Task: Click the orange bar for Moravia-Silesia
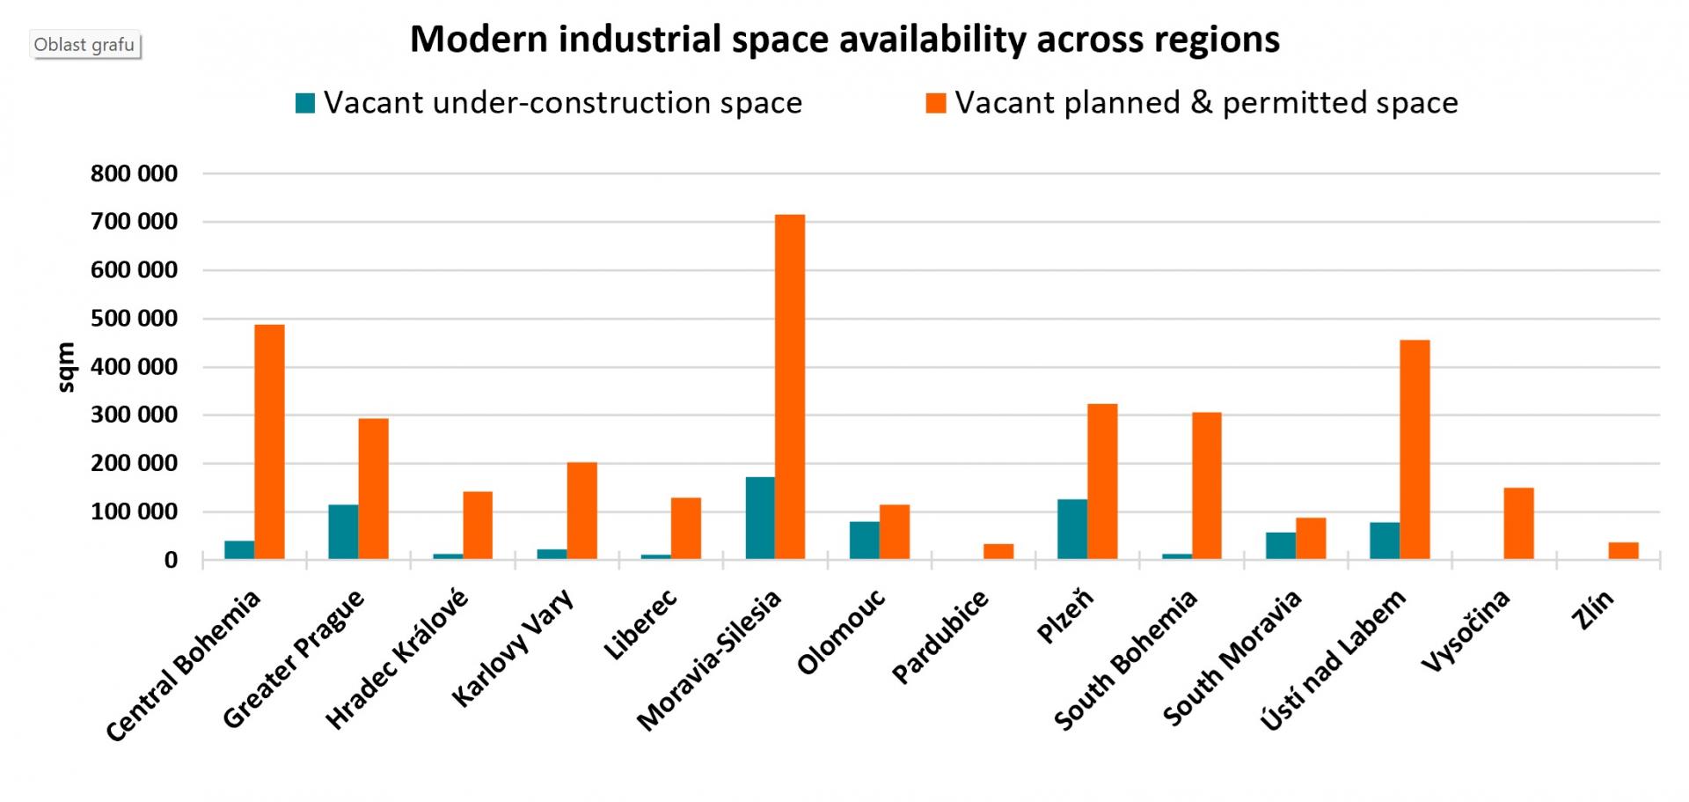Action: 790,387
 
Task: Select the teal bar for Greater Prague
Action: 343,532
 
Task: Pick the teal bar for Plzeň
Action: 1072,529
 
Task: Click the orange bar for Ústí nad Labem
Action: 1415,450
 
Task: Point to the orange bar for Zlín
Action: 1623,550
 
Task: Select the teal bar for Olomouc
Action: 864,540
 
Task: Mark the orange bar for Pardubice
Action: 998,551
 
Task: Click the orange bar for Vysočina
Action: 1518,523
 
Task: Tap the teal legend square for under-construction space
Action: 305,104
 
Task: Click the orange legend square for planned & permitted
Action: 936,104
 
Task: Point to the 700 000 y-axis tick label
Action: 134,222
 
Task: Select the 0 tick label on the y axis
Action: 171,560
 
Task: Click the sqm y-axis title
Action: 67,367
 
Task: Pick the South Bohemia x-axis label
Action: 1125,659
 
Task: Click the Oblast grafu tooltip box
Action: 85,45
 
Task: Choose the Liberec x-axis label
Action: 640,624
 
